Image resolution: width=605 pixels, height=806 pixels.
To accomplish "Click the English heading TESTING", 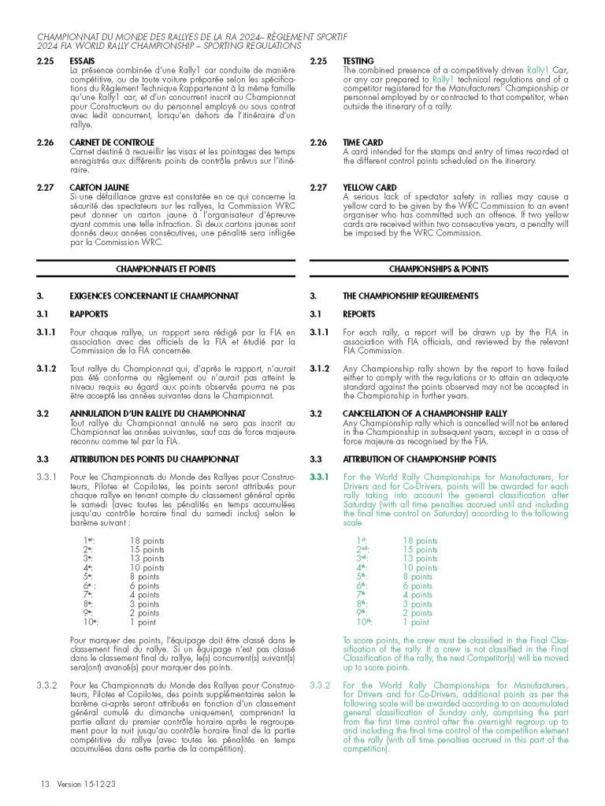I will (358, 61).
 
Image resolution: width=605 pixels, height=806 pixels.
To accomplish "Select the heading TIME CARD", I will (362, 143).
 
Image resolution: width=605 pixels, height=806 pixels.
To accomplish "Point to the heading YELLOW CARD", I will (369, 188).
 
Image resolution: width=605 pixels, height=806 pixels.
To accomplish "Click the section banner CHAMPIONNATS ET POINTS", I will (165, 269).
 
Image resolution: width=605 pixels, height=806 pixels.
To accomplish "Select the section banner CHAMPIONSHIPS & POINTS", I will (439, 269).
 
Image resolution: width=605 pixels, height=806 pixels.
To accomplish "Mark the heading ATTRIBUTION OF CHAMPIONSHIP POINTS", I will (419, 459).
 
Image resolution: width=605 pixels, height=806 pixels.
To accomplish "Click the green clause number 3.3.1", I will (323, 477).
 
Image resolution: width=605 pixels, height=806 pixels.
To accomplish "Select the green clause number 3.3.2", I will (323, 686).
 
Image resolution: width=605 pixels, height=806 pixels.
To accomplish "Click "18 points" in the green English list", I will (420, 541).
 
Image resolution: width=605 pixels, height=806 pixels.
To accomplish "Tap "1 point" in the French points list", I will (143, 622).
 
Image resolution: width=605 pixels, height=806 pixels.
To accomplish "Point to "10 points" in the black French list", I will (147, 568).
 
